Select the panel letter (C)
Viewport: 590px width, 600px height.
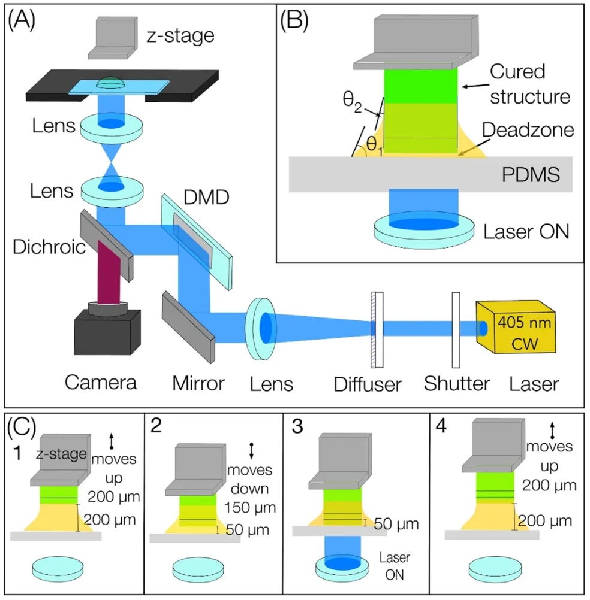pyautogui.click(x=22, y=426)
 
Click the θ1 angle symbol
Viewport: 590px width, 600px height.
pyautogui.click(x=374, y=144)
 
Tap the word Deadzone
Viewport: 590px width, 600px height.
pyautogui.click(x=521, y=130)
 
